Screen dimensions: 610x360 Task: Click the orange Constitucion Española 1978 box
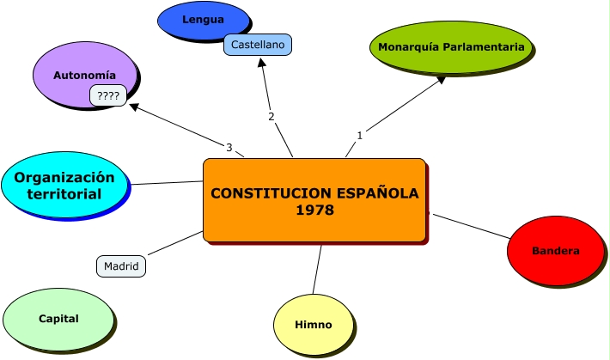(314, 200)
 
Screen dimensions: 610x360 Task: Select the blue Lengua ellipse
(203, 21)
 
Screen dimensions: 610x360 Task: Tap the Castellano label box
(258, 45)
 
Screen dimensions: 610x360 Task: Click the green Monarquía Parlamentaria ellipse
(451, 47)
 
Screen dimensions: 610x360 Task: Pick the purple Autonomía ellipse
(85, 75)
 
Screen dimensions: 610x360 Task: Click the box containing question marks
(108, 95)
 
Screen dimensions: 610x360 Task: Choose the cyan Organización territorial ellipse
(64, 185)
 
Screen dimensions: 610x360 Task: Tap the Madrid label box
(121, 266)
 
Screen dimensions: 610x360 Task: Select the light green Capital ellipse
(58, 319)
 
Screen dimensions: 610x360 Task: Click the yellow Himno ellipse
(314, 325)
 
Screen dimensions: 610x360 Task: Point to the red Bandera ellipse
(556, 251)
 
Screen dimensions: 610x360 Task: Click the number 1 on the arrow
(359, 136)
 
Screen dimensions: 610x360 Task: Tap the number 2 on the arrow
(271, 116)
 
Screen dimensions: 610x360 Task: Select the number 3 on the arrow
(229, 148)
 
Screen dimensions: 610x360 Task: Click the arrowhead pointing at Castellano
(262, 62)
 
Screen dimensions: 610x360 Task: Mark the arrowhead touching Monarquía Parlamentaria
(441, 79)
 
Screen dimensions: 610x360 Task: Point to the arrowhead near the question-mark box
(134, 107)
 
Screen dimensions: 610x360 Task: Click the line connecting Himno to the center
(317, 270)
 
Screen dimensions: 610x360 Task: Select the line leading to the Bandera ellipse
(472, 226)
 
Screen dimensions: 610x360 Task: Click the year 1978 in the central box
(314, 211)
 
